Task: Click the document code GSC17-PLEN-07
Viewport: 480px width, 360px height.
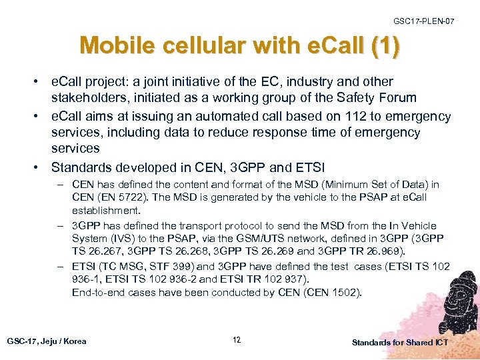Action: point(424,22)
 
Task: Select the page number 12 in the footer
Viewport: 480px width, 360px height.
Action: point(237,341)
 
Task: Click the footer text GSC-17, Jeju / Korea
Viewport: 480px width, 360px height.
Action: point(47,341)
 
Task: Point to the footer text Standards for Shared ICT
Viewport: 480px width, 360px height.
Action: point(400,342)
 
